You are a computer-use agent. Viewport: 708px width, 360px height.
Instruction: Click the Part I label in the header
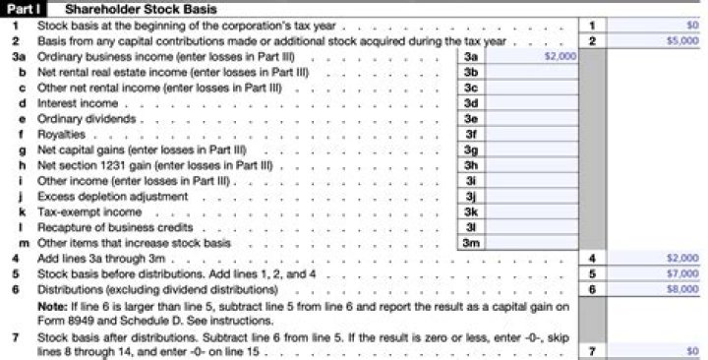pyautogui.click(x=22, y=9)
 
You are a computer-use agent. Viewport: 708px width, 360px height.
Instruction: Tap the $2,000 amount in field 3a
pyautogui.click(x=560, y=58)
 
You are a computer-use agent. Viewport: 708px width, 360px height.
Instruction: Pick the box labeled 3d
pyautogui.click(x=471, y=102)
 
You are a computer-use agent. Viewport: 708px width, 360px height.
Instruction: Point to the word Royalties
pyautogui.click(x=61, y=134)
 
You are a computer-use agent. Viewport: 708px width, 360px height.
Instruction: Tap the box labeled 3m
pyautogui.click(x=471, y=243)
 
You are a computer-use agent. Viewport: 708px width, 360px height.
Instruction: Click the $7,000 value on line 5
pyautogui.click(x=683, y=274)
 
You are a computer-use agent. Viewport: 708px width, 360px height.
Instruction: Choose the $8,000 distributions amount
pyautogui.click(x=683, y=290)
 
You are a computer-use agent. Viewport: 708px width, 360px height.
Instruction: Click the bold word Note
pyautogui.click(x=51, y=306)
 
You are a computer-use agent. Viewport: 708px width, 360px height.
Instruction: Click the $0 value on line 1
pyautogui.click(x=691, y=26)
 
